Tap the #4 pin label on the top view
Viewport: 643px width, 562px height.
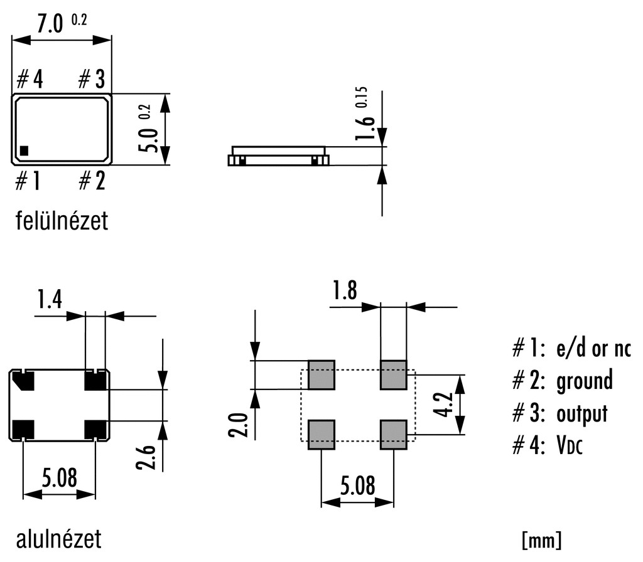(30, 80)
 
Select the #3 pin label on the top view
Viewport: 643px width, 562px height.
(91, 80)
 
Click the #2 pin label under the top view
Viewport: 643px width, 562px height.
(92, 181)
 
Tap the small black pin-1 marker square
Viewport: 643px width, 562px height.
(24, 150)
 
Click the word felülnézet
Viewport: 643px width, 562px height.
(62, 221)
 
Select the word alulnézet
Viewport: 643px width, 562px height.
(58, 539)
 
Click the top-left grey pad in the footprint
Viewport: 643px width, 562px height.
(321, 374)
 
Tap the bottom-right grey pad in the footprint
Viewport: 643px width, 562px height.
(394, 435)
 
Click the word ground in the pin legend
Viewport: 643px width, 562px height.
(584, 380)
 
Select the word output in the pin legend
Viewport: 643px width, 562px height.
(582, 414)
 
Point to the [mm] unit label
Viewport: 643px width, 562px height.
(541, 540)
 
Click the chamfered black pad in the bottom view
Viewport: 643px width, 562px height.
(24, 380)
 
